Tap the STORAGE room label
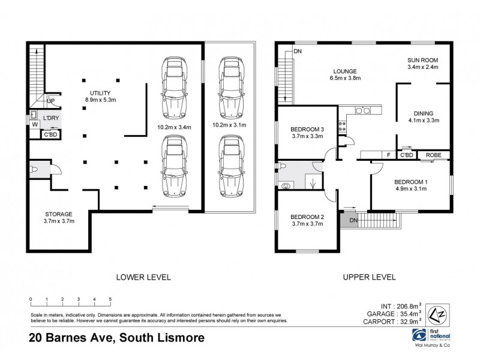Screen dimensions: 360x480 (x=59, y=218)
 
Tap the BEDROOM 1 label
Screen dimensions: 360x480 (x=410, y=186)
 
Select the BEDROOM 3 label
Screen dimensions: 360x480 (x=307, y=133)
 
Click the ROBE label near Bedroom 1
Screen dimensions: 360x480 (x=434, y=155)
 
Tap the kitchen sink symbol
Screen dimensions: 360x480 (x=362, y=110)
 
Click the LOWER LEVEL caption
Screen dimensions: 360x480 (x=144, y=277)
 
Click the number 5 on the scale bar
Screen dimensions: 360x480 (x=110, y=298)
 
